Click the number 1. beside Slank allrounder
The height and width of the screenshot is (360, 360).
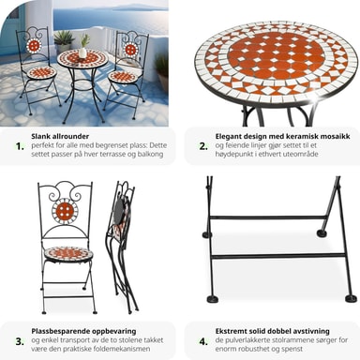click(20, 146)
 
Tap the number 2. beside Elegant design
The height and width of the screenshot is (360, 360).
click(203, 146)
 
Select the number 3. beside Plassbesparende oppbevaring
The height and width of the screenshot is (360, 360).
click(20, 341)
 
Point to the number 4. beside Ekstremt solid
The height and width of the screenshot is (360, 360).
click(203, 341)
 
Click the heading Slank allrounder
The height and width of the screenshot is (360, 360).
click(60, 136)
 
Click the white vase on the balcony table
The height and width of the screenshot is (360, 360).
click(82, 52)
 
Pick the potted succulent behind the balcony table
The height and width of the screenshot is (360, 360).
click(64, 40)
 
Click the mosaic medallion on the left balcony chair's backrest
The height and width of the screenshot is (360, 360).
click(33, 46)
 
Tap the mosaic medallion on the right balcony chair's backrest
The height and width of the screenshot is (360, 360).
click(130, 49)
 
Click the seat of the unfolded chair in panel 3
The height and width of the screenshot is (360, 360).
click(67, 253)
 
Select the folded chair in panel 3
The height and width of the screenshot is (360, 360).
click(122, 247)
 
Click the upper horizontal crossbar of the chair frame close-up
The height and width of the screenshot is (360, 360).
click(267, 217)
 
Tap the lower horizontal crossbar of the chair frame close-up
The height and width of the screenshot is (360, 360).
click(278, 256)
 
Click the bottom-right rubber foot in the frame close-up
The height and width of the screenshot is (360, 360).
click(350, 299)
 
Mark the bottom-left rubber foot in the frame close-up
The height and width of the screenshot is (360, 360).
click(213, 299)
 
